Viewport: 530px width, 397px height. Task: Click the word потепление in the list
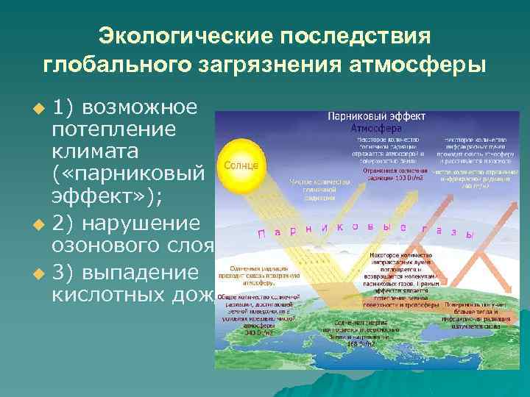tap(113, 130)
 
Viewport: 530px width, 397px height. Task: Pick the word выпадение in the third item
tap(140, 272)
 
